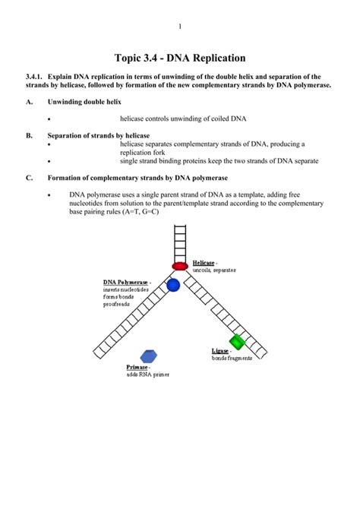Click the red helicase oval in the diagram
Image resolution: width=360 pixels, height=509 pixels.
[x=180, y=266]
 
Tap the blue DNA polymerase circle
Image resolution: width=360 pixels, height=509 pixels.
[x=173, y=286]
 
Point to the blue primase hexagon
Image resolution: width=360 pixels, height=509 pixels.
[x=149, y=356]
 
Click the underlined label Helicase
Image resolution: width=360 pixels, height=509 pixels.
[x=203, y=262]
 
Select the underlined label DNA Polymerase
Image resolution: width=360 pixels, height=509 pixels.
[x=126, y=282]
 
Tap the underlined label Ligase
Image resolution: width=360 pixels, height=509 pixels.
[x=219, y=351]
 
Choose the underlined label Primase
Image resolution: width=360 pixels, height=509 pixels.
[x=138, y=368]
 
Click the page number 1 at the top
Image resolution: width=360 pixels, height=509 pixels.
[x=180, y=27]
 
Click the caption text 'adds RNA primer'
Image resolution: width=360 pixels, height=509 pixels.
[x=148, y=375]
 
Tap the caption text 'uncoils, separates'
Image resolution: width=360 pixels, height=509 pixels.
[x=215, y=270]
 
